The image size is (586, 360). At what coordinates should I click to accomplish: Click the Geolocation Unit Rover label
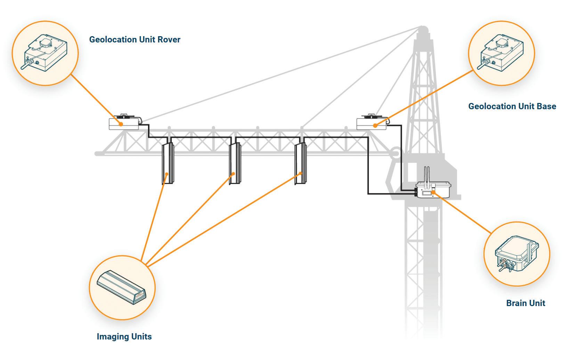click(135, 40)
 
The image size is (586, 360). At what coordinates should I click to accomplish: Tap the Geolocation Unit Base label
click(512, 106)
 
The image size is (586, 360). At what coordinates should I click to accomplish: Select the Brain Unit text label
click(526, 303)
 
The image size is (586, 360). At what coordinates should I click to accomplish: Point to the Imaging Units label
click(124, 337)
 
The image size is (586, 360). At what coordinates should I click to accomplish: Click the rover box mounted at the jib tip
click(124, 123)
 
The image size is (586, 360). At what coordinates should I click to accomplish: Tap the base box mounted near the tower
click(372, 123)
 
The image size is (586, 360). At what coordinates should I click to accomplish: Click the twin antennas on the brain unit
click(427, 174)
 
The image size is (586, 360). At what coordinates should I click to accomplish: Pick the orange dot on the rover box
click(121, 124)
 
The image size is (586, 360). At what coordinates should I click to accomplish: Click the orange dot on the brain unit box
click(433, 192)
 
